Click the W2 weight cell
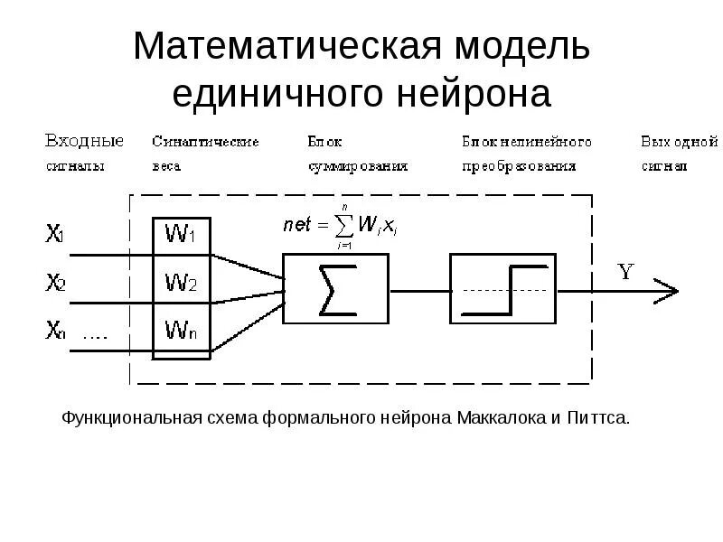pyautogui.click(x=182, y=284)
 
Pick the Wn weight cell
pyautogui.click(x=182, y=331)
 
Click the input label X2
pyautogui.click(x=55, y=283)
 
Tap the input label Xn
pyautogui.click(x=55, y=331)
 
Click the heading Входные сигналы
pyautogui.click(x=83, y=154)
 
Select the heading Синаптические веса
pyautogui.click(x=205, y=154)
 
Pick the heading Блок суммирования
pyautogui.click(x=357, y=154)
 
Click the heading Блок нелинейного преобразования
pyautogui.click(x=526, y=154)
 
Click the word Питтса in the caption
pyautogui.click(x=597, y=418)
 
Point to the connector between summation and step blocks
pyautogui.click(x=418, y=291)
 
